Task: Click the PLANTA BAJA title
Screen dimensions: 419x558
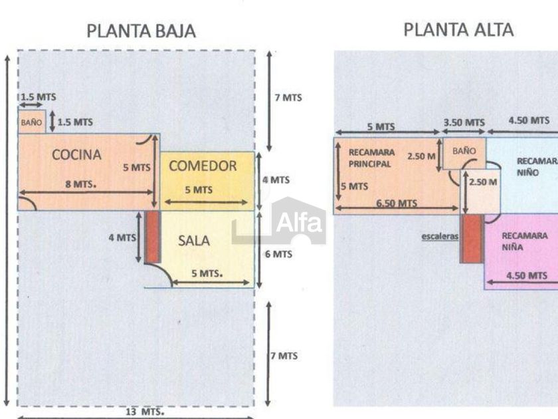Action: click(141, 31)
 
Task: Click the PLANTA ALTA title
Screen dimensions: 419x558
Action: click(458, 29)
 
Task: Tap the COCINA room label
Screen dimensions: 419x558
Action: click(77, 155)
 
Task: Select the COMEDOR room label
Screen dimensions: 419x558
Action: click(203, 166)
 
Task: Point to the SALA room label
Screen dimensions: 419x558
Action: click(193, 241)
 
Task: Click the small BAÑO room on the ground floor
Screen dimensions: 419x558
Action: click(31, 122)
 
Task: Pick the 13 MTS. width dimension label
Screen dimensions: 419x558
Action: click(145, 412)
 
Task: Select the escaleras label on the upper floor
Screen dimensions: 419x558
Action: click(440, 235)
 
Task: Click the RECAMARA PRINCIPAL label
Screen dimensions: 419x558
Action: click(371, 158)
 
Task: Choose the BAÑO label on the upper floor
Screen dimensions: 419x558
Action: click(464, 151)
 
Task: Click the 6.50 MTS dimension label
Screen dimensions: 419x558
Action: click(397, 204)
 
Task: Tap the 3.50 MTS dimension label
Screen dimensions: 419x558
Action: click(464, 122)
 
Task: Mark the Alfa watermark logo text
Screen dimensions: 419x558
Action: click(298, 221)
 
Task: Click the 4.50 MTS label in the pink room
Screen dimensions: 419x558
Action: click(527, 275)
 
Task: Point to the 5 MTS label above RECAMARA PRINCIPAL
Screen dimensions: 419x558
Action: click(381, 126)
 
